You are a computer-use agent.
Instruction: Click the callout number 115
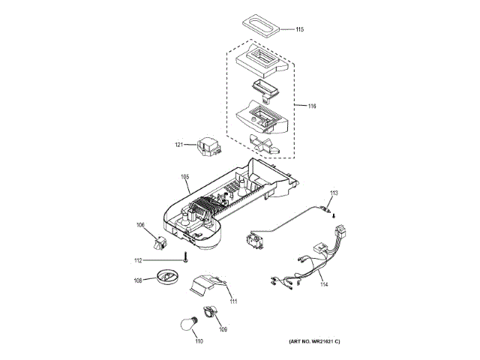coord(300,30)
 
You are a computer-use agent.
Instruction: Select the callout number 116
coord(311,106)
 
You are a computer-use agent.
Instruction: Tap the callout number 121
coord(179,145)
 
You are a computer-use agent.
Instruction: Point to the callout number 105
coord(185,178)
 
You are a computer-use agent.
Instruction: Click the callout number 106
coord(140,224)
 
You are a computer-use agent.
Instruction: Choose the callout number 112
coord(138,260)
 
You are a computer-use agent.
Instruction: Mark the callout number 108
coord(138,281)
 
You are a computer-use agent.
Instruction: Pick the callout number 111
coord(233,301)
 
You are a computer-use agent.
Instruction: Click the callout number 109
coord(222,328)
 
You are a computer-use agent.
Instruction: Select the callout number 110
coord(199,342)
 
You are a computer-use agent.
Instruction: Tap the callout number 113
coord(334,193)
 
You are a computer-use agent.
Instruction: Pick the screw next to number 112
coord(183,260)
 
